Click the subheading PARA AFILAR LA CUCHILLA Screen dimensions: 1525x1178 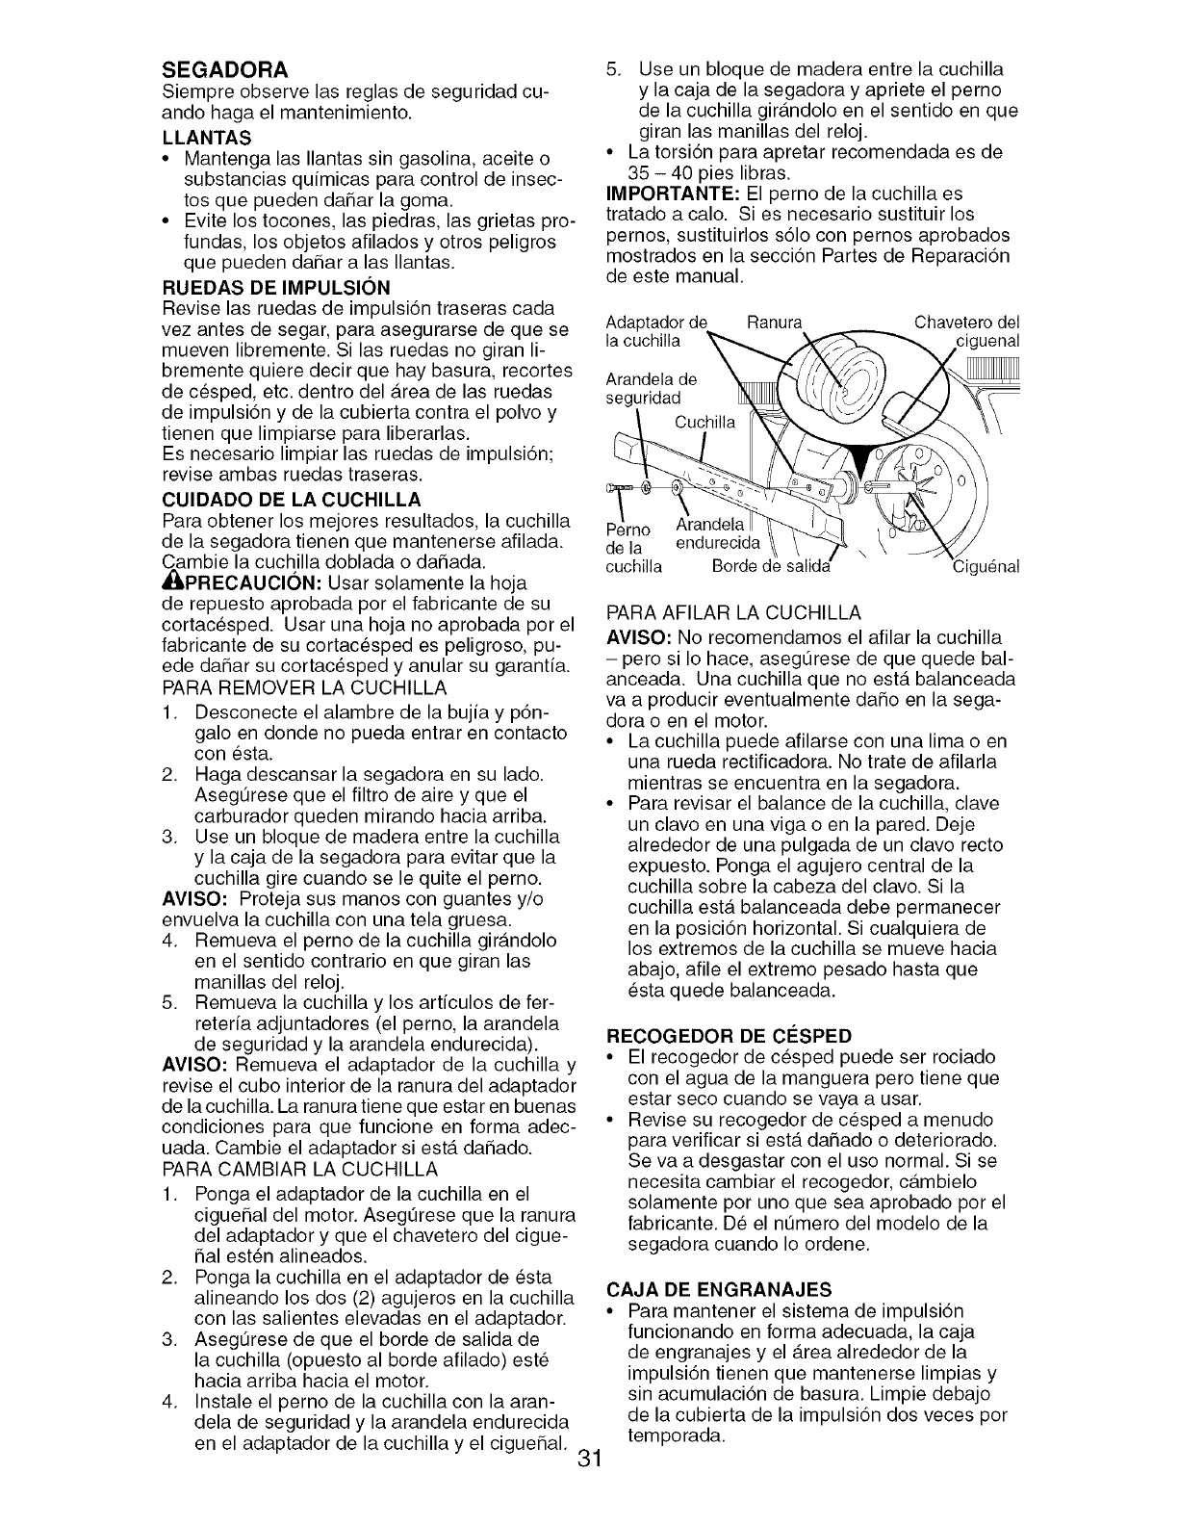(731, 612)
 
